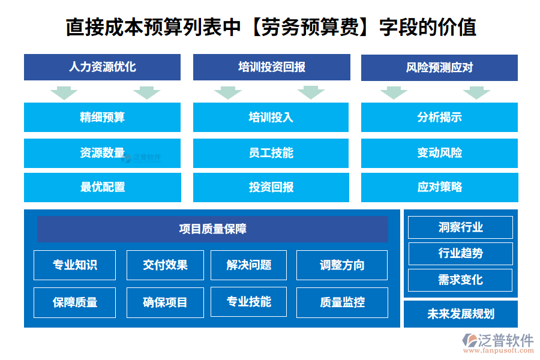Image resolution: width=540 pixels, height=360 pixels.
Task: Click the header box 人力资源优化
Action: pos(102,67)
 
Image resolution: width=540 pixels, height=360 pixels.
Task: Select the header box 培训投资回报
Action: pos(271,67)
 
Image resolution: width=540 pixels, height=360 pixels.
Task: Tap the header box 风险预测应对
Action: pos(439,68)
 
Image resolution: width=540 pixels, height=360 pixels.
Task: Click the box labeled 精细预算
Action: pos(102,117)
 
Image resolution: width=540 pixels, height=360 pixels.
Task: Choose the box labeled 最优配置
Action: pos(102,187)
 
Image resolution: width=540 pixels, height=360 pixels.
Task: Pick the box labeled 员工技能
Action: pos(271,153)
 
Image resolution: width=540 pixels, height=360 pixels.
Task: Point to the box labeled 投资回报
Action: pos(271,187)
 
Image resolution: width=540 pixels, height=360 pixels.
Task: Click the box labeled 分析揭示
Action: pos(439,117)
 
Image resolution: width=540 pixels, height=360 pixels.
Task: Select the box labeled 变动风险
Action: pos(439,153)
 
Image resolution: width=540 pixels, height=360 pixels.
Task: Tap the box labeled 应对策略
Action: pos(439,187)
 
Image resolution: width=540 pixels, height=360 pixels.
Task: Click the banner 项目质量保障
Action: pos(212,229)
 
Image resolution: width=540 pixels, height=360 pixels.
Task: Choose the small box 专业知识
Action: pos(75,265)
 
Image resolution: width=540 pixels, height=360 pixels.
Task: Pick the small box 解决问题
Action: pos(248,265)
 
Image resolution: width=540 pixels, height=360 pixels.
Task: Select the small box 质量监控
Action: pos(342,302)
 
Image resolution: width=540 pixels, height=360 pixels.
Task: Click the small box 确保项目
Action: pos(165,302)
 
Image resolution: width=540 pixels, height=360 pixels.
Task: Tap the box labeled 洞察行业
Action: pos(460,227)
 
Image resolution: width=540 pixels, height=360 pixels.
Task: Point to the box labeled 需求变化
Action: pos(460,280)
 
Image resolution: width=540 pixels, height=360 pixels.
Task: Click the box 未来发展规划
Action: pos(460,314)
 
